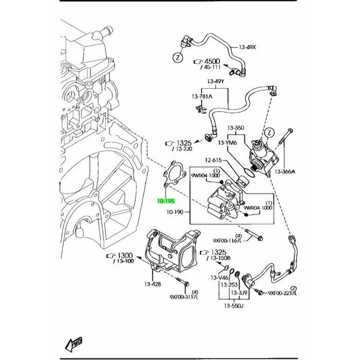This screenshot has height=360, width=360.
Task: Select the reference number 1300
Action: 125,256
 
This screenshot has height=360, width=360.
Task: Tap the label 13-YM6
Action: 227,142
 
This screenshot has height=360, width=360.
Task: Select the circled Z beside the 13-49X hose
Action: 176,58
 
